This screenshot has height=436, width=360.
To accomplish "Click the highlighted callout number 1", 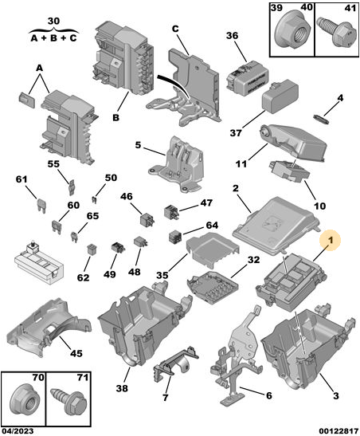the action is point(331,240).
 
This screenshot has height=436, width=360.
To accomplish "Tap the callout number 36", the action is point(233,36).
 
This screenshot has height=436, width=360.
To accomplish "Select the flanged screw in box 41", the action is point(337,33).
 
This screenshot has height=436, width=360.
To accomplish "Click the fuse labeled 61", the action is point(41,206).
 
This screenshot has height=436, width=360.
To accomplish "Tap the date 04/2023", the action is point(17,431).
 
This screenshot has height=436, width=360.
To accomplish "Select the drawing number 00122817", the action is point(338,431).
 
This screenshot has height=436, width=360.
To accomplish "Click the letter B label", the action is point(115,118).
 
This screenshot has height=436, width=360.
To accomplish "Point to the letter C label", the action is point(175,29).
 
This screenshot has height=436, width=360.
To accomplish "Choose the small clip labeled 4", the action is point(322,119).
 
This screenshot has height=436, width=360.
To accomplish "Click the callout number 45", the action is point(76,353).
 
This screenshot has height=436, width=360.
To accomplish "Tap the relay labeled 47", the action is point(172,212).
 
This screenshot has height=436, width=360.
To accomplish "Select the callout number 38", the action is point(122,388).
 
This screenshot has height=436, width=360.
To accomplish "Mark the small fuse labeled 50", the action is point(94,199).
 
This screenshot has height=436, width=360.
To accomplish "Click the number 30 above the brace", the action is point(53,22).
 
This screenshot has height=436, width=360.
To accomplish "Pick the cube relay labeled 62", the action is point(91,249).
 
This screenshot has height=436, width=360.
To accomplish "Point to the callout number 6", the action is point(269,395).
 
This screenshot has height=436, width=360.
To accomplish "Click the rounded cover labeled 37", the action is point(280,96).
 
